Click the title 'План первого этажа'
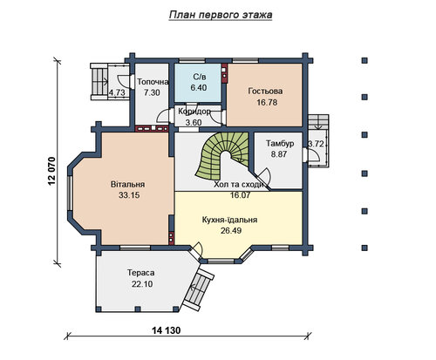pos(221,15)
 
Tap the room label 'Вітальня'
pos(128,185)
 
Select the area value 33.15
pos(129,195)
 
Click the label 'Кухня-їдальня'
pos(229,220)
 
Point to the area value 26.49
pos(231,231)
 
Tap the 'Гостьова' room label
pos(265,92)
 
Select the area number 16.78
pos(267,103)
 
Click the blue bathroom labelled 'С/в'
pos(198,83)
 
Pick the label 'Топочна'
pos(153,82)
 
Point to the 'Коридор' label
pos(194,112)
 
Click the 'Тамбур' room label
pos(280,144)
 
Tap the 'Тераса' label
pos(141,273)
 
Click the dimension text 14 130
pos(166,330)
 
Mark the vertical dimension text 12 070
pos(51,171)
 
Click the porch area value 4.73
pos(117,92)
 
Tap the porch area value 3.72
pos(316,144)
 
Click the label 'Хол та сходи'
pos(239,185)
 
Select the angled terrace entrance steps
pos(200,289)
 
